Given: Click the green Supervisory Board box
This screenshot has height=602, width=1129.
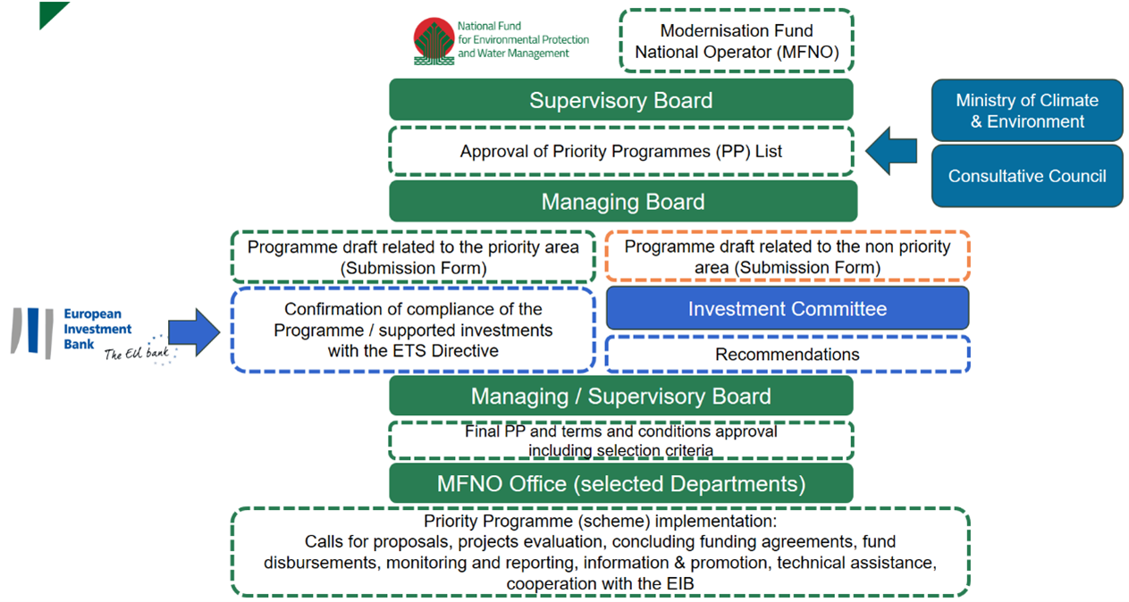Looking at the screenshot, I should tap(620, 100).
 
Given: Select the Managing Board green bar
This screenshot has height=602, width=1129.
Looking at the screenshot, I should tap(622, 202).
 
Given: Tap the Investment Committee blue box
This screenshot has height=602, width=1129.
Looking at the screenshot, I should tap(787, 309).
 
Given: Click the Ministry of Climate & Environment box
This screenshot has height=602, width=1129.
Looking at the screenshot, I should tap(1026, 111).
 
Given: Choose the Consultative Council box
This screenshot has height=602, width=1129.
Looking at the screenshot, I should tap(1026, 176).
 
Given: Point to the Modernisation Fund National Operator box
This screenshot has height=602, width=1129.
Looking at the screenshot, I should tap(736, 42).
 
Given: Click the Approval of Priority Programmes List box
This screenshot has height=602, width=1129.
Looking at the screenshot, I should tap(620, 151).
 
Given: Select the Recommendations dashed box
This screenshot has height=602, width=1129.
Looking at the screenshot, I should tap(787, 355).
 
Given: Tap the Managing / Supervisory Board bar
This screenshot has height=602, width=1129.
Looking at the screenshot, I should tap(620, 396).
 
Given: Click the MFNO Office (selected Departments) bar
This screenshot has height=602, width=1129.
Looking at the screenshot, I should tap(620, 484).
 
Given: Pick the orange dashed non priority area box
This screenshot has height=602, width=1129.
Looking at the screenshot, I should tap(787, 256).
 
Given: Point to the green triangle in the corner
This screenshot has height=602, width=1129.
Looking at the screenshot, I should tap(52, 13).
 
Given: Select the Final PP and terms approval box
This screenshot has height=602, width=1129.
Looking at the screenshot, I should tap(620, 440).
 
